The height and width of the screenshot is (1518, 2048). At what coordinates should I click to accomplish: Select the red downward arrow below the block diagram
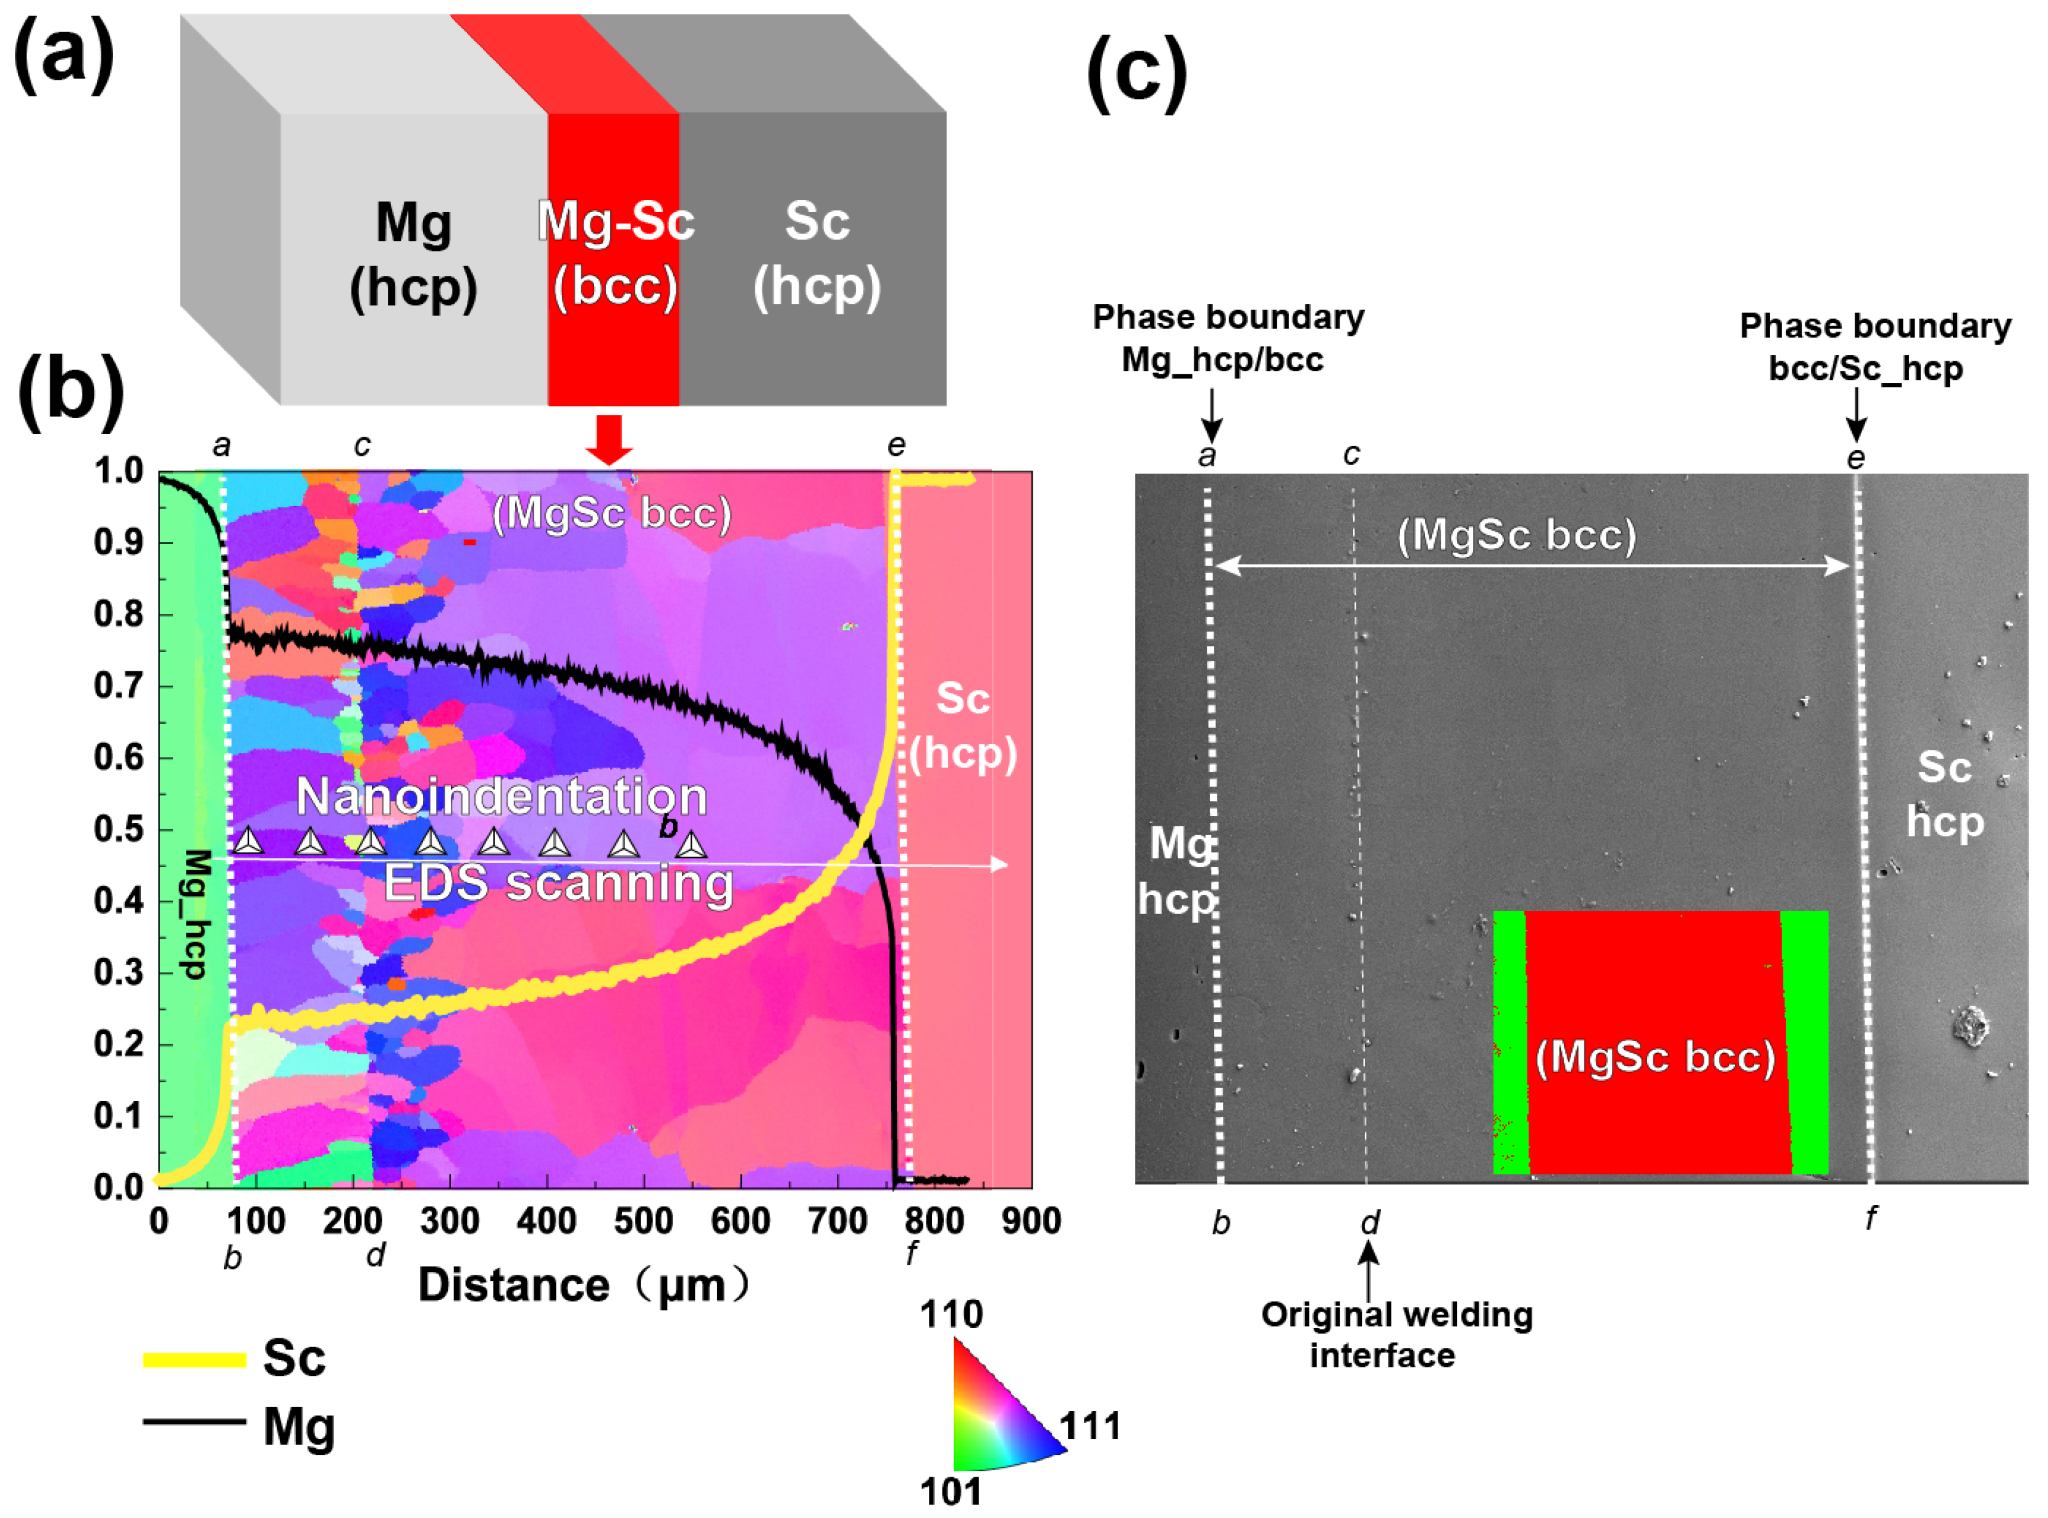pos(609,439)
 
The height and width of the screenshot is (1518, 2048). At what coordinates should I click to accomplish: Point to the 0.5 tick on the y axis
pos(119,829)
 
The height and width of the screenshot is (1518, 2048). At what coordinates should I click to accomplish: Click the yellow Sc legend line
pos(194,1360)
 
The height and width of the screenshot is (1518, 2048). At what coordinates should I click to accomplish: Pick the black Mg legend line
pos(194,1422)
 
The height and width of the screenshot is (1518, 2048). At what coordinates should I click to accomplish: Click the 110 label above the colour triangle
pos(951,1315)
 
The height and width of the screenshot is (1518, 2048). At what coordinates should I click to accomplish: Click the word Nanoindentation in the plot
pos(502,796)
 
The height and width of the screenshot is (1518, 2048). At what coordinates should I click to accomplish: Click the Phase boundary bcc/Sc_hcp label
pos(1874,347)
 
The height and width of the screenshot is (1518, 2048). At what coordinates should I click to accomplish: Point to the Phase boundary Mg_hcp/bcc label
pos(1228,338)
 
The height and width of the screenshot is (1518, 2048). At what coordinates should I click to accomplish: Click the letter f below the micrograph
pos(1871,1219)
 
